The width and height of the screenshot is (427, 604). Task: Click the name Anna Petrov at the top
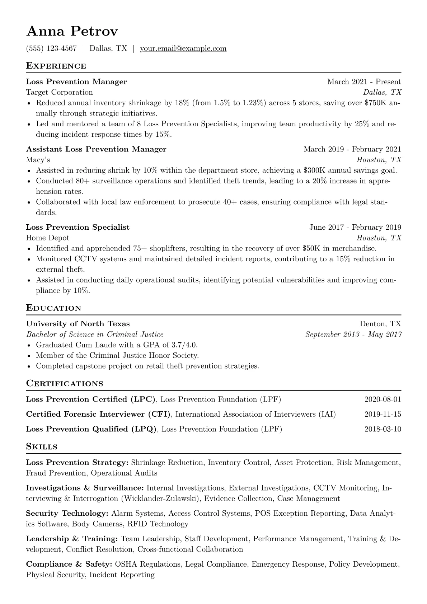(72, 32)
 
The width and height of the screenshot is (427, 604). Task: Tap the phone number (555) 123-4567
(51, 48)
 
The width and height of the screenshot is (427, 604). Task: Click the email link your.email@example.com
(183, 48)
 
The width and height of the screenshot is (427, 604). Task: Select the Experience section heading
(56, 66)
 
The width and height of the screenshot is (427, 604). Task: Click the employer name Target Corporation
(59, 93)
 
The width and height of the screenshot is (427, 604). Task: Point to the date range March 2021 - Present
(364, 82)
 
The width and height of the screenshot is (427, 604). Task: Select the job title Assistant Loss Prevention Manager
(96, 149)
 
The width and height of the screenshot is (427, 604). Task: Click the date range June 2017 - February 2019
(355, 227)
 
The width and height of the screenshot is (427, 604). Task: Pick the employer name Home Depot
(48, 238)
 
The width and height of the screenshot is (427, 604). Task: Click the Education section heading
(54, 308)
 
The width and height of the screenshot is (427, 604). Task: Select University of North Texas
(78, 324)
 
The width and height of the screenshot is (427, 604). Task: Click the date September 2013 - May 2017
(353, 334)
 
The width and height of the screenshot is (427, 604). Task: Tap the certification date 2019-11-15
(383, 415)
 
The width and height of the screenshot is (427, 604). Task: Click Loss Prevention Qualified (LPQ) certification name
(91, 429)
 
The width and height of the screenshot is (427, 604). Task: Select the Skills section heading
(42, 447)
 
